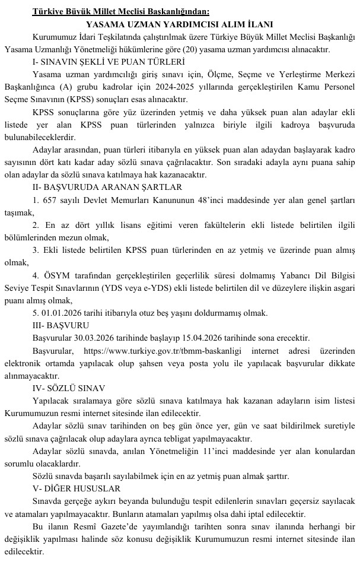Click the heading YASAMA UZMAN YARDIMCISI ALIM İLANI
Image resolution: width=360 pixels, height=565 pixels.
[180, 24]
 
